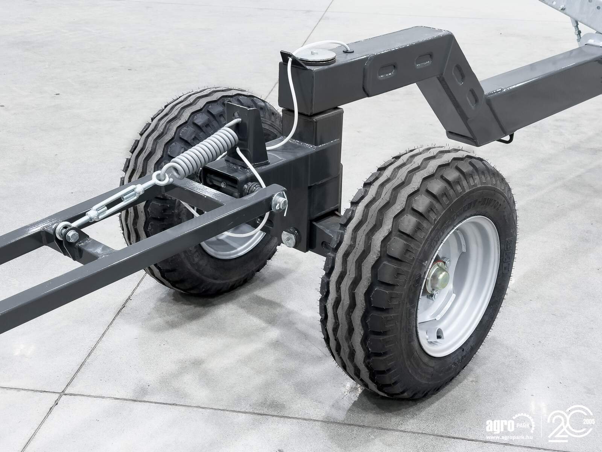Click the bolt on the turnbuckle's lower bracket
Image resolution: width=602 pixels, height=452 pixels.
click(70, 236)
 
